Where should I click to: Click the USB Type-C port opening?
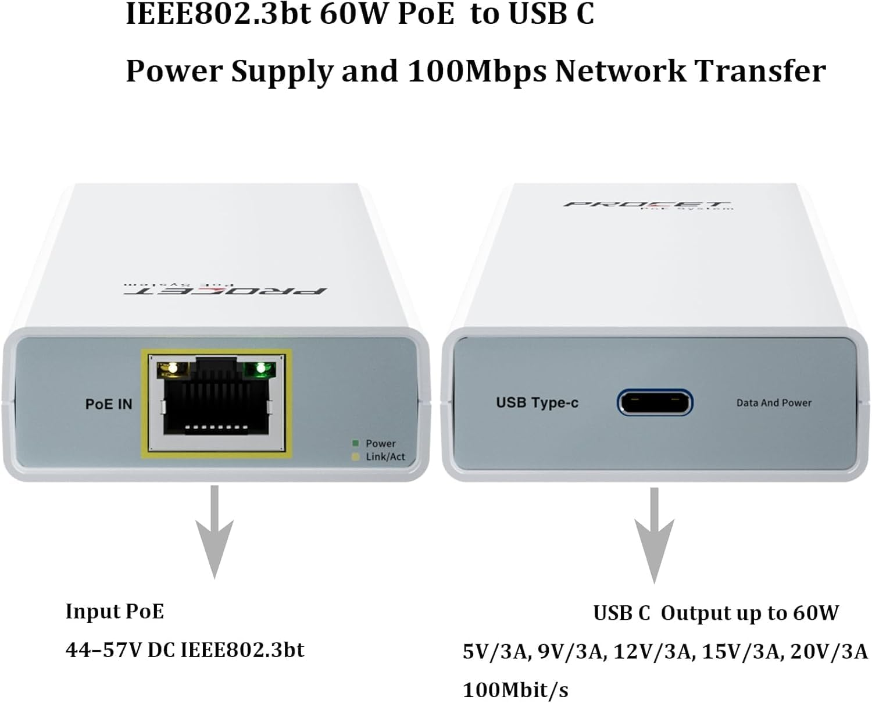coord(655,402)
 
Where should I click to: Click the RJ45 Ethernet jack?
coord(216,404)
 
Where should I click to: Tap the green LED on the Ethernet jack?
coord(260,367)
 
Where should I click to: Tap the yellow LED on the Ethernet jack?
coord(171,367)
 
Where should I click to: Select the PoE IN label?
coord(109,404)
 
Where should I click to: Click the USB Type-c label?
coord(537,402)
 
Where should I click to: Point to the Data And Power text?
coord(774,402)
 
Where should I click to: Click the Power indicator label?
coord(380,443)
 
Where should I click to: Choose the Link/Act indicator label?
coord(385,457)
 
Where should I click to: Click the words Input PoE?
coord(115,611)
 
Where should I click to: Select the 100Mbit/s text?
coord(515,690)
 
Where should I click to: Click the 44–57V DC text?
coord(119,650)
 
